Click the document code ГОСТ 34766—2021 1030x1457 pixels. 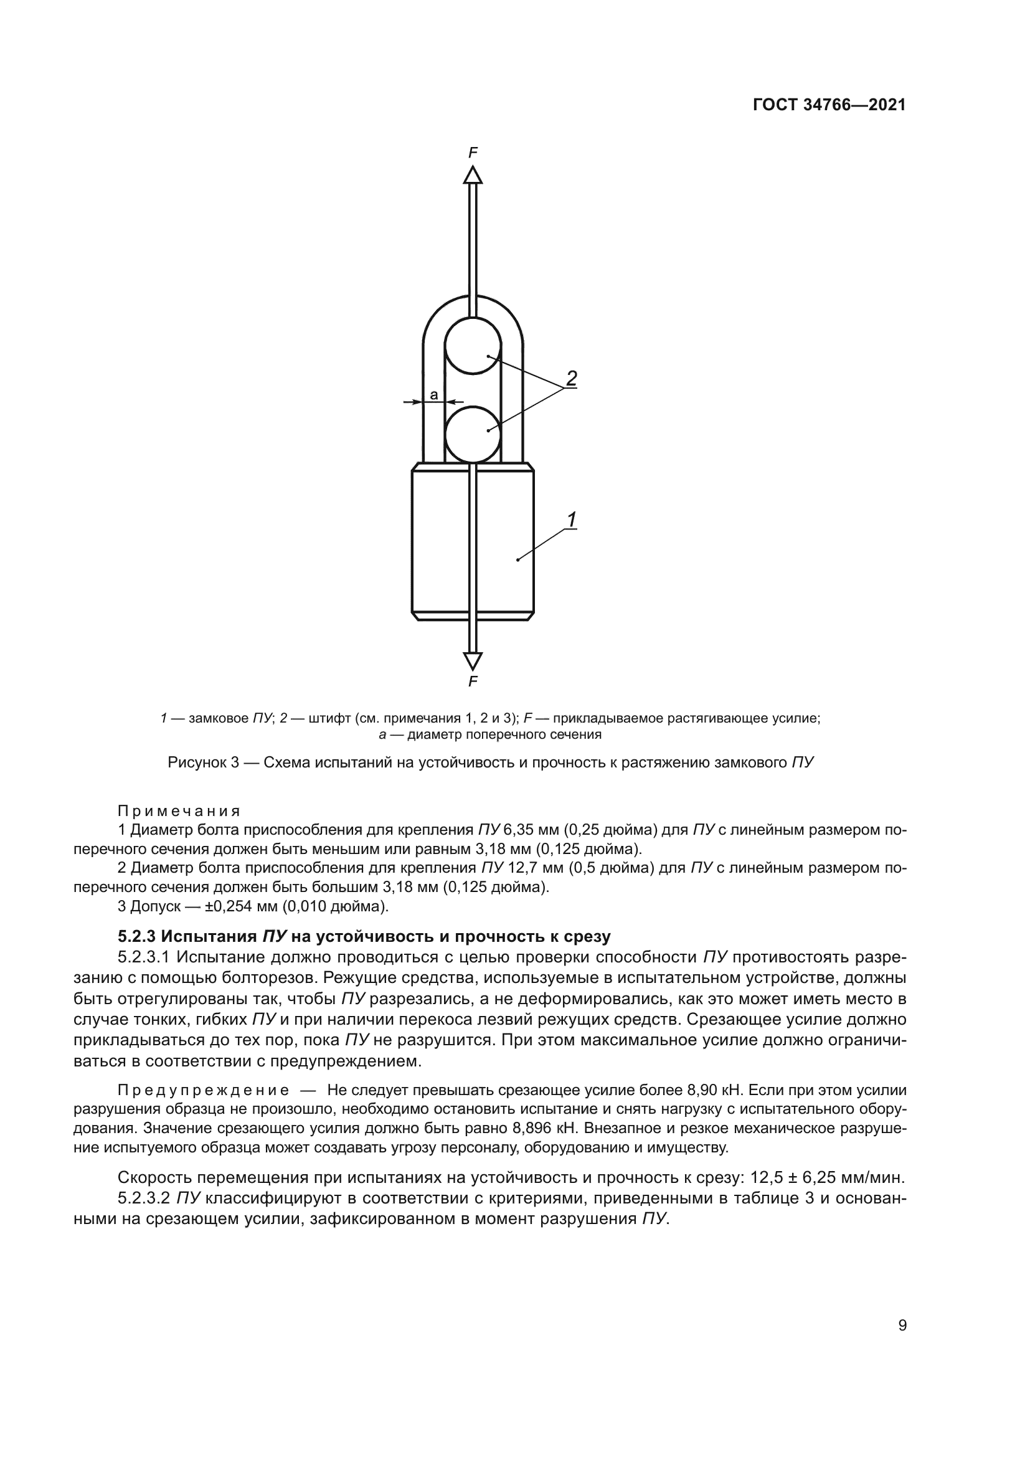(829, 105)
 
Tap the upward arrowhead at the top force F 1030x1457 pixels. (473, 174)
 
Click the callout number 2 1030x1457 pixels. (571, 379)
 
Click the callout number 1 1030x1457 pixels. (571, 520)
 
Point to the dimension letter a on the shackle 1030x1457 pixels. (434, 396)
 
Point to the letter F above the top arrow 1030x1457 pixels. (473, 152)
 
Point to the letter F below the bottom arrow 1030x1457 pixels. (473, 682)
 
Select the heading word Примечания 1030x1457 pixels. (179, 811)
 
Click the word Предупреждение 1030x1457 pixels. (204, 1091)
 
